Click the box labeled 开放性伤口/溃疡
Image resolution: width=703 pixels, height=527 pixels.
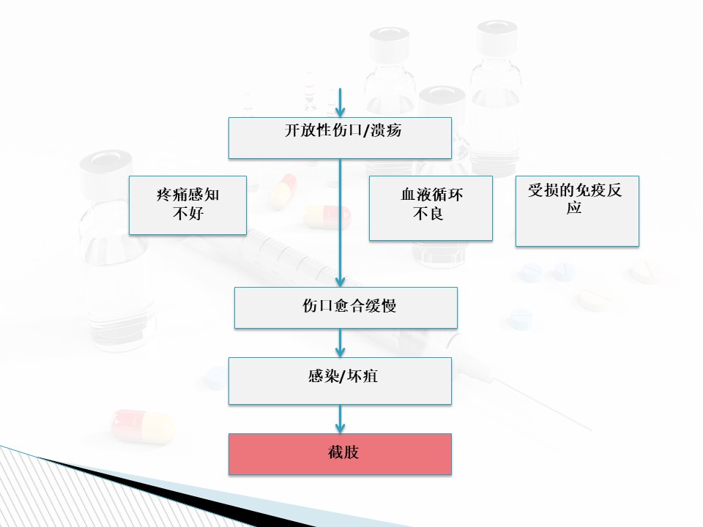tap(340, 138)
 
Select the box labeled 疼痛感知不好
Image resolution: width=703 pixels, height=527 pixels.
tap(187, 205)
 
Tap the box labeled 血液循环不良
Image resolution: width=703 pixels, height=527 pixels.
tap(431, 208)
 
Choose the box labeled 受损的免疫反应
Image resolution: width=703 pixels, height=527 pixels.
tap(577, 211)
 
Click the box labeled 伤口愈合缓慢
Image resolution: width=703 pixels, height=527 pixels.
tap(346, 307)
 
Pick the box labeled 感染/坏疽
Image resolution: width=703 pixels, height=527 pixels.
tap(340, 381)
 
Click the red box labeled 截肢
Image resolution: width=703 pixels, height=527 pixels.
tap(340, 454)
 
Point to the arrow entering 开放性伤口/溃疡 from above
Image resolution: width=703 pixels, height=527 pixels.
tap(340, 102)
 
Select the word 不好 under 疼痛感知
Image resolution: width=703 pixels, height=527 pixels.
tap(187, 214)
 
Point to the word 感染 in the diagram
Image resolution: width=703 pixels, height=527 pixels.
tap(316, 378)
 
